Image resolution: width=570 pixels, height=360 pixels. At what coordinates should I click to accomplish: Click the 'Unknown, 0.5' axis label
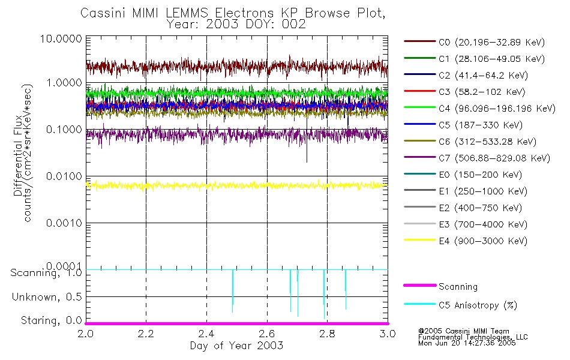(x=46, y=297)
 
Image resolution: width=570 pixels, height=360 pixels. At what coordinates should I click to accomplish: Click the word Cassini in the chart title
(x=100, y=13)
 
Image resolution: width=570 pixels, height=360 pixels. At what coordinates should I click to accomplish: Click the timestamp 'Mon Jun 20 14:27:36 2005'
(x=466, y=344)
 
